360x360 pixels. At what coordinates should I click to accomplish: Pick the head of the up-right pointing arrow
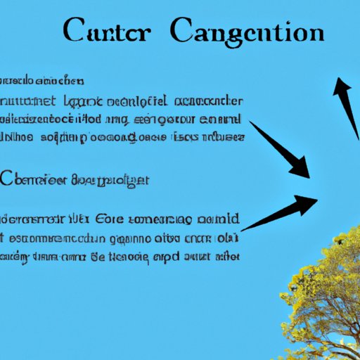pyautogui.click(x=309, y=202)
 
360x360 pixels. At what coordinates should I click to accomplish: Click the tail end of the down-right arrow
pyautogui.click(x=252, y=124)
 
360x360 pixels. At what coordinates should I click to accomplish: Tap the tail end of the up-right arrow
pyautogui.click(x=243, y=229)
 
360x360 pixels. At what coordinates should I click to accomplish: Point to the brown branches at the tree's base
pyautogui.click(x=330, y=345)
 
